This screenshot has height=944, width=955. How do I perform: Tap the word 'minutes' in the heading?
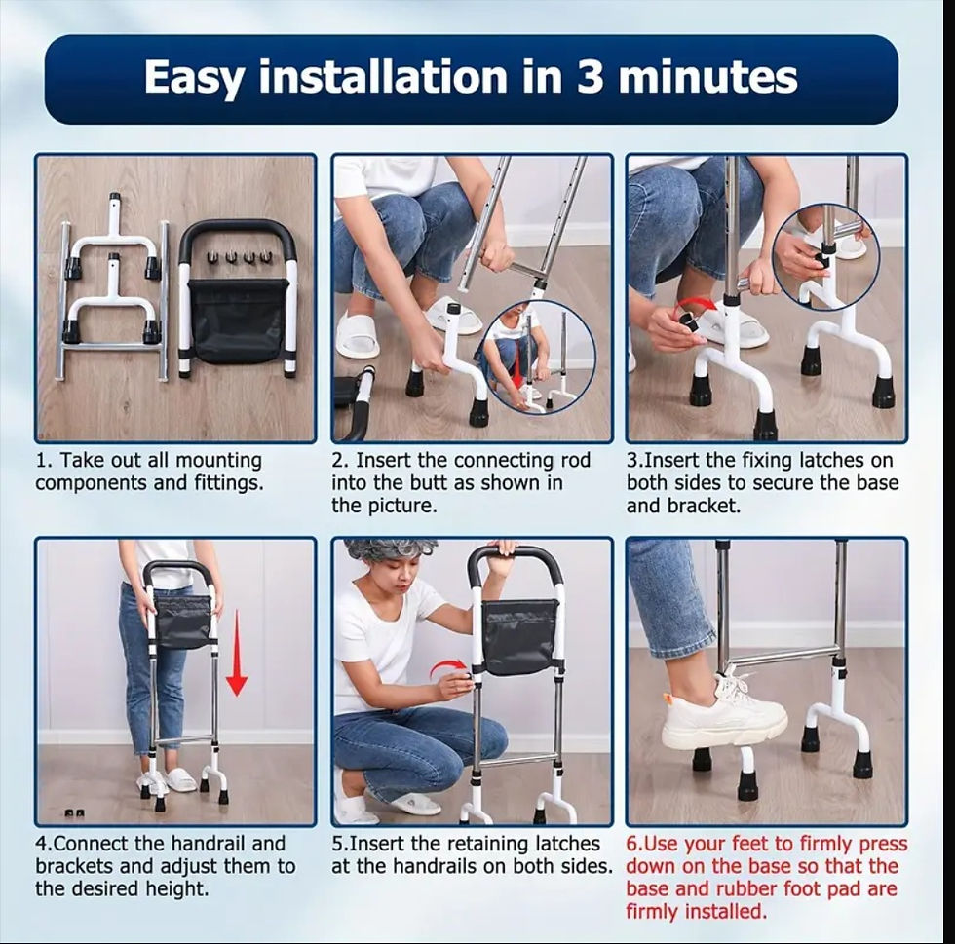point(708,77)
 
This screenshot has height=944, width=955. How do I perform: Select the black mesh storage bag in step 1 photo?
point(236,321)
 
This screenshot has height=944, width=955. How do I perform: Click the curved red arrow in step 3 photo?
point(696,305)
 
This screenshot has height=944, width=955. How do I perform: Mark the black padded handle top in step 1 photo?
point(238,235)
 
